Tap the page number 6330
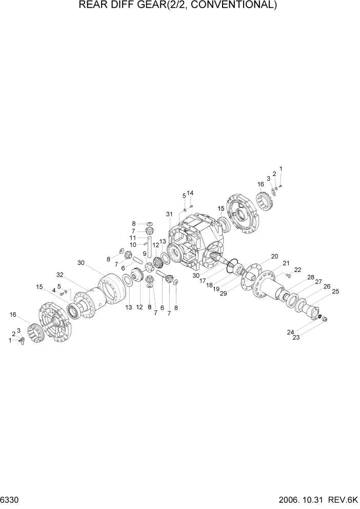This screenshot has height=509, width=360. click(11, 499)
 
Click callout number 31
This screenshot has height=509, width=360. click(170, 214)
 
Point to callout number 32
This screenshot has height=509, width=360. click(60, 275)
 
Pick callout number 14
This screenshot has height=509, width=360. click(190, 193)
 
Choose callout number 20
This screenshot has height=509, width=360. click(274, 257)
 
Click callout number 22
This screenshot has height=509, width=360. click(297, 270)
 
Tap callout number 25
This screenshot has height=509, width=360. click(336, 292)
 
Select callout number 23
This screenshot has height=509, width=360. click(296, 337)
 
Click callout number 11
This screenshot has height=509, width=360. click(133, 238)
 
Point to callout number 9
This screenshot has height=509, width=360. click(145, 253)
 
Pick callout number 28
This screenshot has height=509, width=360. click(311, 278)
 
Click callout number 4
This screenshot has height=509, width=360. click(53, 290)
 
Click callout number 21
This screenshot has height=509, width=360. click(286, 263)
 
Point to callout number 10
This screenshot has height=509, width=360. click(133, 245)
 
